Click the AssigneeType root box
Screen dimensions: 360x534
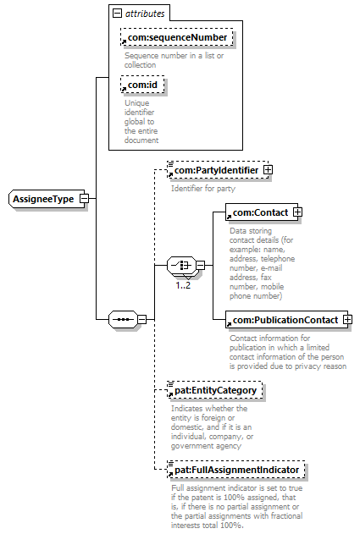click(47, 199)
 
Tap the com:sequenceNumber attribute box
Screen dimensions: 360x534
click(177, 37)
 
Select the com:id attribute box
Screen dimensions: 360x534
click(142, 85)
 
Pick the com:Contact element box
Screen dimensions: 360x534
click(261, 212)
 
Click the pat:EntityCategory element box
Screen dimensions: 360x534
click(215, 390)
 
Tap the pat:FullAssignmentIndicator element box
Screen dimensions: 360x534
click(236, 470)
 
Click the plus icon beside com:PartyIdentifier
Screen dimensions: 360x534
click(269, 169)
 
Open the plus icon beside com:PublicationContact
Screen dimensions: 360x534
click(348, 319)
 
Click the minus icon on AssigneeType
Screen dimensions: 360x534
click(84, 199)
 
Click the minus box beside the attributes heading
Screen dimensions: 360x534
click(117, 14)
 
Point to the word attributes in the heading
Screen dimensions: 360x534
click(145, 14)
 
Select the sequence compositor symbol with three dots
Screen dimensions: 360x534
click(123, 319)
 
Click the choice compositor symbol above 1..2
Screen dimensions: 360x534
click(182, 265)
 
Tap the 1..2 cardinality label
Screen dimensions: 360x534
click(183, 285)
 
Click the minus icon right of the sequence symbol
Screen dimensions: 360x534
click(141, 319)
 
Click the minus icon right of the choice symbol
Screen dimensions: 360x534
click(201, 265)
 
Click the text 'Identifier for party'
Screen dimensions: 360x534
click(203, 189)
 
